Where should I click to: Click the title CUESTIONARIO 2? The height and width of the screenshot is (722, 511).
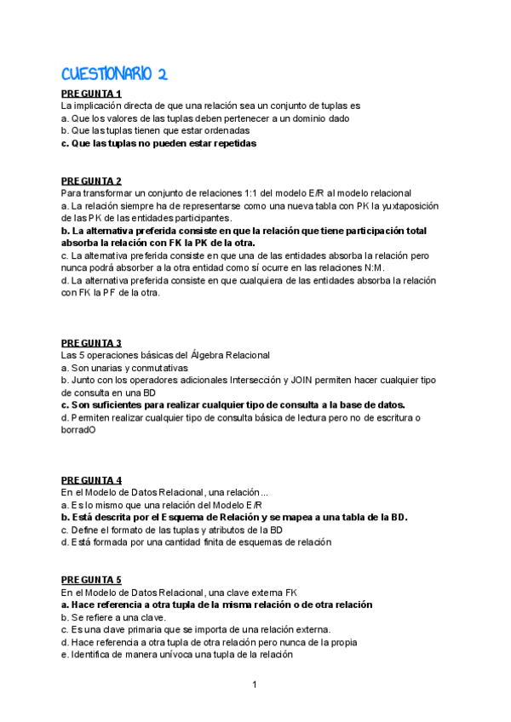(113, 75)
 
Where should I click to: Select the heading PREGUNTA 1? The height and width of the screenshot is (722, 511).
(91, 94)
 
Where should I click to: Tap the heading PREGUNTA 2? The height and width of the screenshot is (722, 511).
(91, 180)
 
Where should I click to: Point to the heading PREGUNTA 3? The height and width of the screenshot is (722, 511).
(91, 343)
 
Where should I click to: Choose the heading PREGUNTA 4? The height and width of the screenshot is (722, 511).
(91, 480)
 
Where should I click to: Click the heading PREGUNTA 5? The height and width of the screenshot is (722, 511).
(91, 580)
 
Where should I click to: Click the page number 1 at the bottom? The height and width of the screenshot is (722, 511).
(255, 684)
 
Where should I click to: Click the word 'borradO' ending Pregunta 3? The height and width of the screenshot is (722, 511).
(78, 430)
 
